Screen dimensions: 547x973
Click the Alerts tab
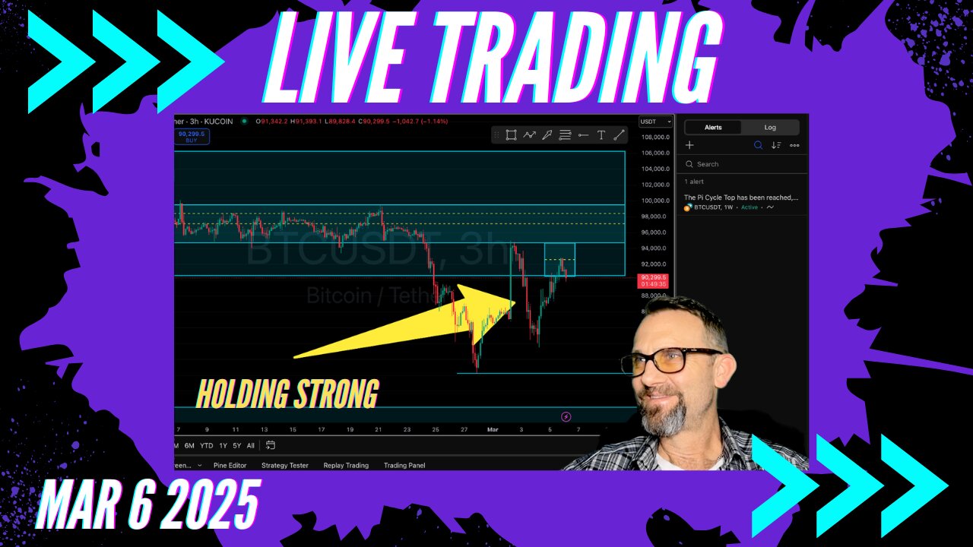712,128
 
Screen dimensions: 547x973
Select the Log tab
770,128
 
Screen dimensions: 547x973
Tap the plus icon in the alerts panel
689,145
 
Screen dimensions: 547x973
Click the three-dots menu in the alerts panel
794,145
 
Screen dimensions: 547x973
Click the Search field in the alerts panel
741,164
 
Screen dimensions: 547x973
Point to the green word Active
750,207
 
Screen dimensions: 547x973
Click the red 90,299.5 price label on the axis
653,280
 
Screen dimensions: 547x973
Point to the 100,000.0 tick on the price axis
654,201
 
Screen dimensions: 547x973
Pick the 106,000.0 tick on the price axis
654,153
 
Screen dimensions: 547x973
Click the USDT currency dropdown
655,122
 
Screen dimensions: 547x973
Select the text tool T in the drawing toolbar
601,135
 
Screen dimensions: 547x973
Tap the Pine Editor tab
229,465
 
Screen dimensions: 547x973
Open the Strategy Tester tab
285,465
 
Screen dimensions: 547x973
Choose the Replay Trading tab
346,465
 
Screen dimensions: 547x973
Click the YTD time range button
206,445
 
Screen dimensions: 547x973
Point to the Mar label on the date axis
491,429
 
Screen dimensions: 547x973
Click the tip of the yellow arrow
515,303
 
